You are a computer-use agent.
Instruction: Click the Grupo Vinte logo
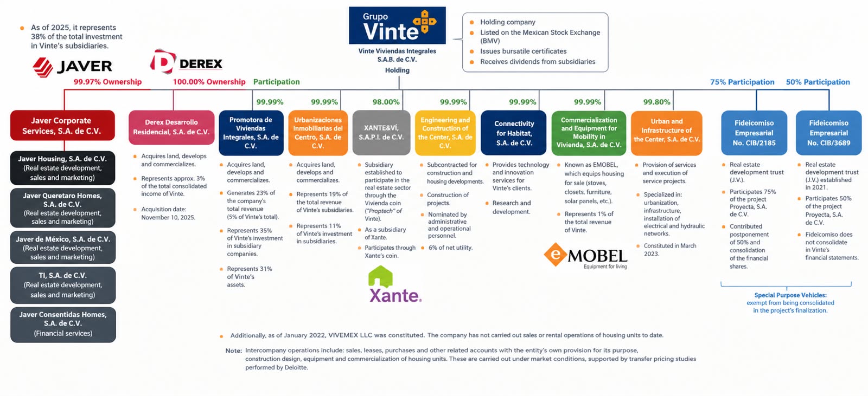397,25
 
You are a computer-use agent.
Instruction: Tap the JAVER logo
73,67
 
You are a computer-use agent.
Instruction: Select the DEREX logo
187,62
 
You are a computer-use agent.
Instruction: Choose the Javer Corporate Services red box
62,126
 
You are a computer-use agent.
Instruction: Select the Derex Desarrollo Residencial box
171,127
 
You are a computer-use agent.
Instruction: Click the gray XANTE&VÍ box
381,133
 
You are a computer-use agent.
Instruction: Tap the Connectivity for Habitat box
514,133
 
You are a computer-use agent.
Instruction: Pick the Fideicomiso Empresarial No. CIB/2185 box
754,133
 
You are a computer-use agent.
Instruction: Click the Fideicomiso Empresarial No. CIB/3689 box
829,133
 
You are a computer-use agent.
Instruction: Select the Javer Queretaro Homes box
62,208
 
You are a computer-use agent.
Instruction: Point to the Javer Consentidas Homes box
63,324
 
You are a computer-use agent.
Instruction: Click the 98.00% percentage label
386,102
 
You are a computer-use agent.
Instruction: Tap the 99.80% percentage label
657,102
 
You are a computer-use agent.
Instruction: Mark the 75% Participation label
742,82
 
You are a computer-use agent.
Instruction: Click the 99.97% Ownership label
108,82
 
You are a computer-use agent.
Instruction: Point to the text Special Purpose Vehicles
790,295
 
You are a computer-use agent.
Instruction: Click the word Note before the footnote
234,350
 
